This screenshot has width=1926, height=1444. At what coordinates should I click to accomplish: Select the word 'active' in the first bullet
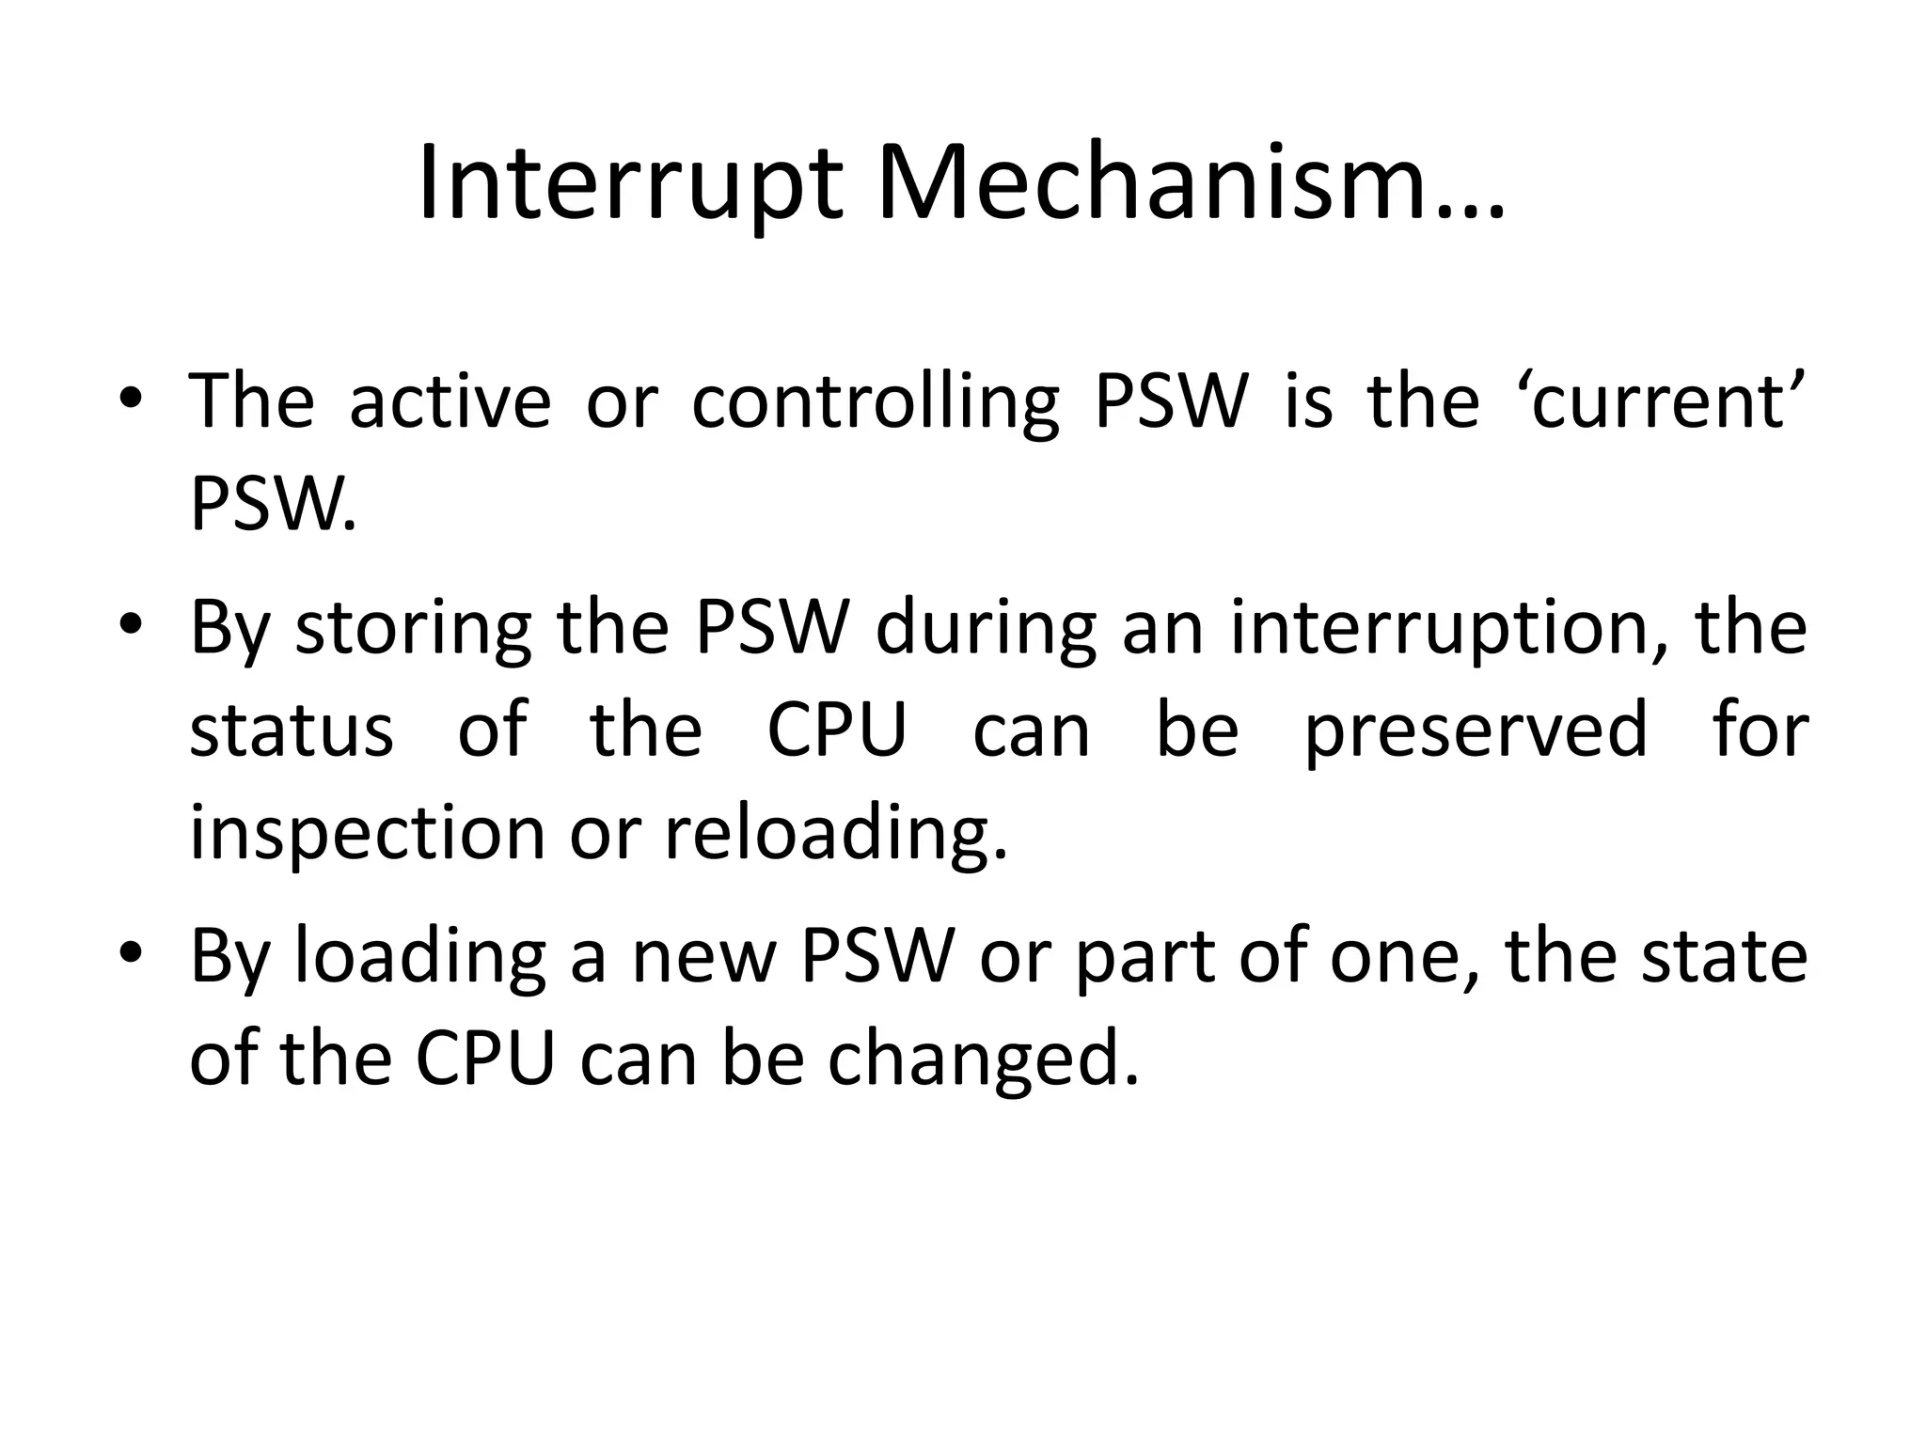click(450, 402)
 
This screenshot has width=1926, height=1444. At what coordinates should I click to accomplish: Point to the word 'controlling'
click(876, 402)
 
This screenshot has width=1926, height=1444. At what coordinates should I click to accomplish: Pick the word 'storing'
click(413, 628)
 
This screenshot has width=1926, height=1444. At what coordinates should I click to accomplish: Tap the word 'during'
click(986, 628)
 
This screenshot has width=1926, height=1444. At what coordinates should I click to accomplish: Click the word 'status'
click(292, 730)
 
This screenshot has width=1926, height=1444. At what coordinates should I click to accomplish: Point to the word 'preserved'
click(1476, 730)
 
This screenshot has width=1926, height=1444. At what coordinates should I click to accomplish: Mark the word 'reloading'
click(835, 833)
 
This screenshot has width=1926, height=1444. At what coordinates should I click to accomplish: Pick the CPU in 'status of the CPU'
click(837, 730)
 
